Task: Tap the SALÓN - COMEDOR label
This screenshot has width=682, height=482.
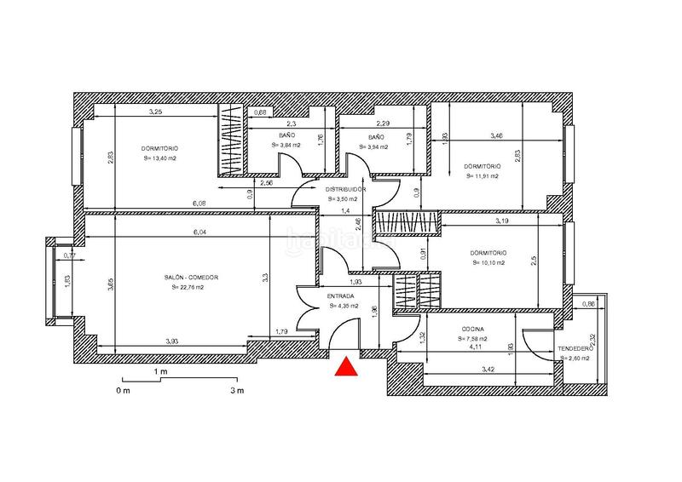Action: coord(192,278)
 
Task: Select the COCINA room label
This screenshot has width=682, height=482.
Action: coord(471,329)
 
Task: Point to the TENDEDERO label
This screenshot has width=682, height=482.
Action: coord(575,348)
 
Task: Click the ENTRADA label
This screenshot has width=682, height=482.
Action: coord(341,296)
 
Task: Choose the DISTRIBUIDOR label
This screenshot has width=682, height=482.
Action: coord(345,188)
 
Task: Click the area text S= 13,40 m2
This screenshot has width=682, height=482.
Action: coord(160,158)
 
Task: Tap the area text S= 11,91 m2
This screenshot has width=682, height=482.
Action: coord(483,176)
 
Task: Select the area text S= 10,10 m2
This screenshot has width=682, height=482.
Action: coord(488,263)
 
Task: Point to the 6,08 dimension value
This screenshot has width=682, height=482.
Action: coord(199,204)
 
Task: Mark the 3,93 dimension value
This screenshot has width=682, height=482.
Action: coord(171,341)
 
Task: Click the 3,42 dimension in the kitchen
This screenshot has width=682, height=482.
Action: coord(489,371)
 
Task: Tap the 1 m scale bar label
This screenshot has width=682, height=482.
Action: coord(159,372)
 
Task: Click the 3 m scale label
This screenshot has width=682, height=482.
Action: coord(236,391)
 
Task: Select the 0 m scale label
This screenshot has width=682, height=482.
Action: coord(123,391)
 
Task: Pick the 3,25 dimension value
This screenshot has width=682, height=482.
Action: coord(156,112)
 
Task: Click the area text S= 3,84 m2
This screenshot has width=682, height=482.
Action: coord(287,146)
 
